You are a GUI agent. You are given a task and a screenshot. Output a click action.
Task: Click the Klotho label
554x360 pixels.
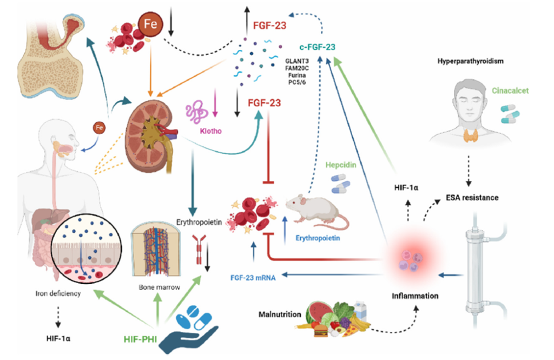coord(201,130)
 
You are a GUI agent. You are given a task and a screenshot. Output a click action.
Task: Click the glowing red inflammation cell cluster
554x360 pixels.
coord(410,260)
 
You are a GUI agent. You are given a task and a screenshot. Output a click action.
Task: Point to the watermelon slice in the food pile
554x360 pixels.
coord(318,313)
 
